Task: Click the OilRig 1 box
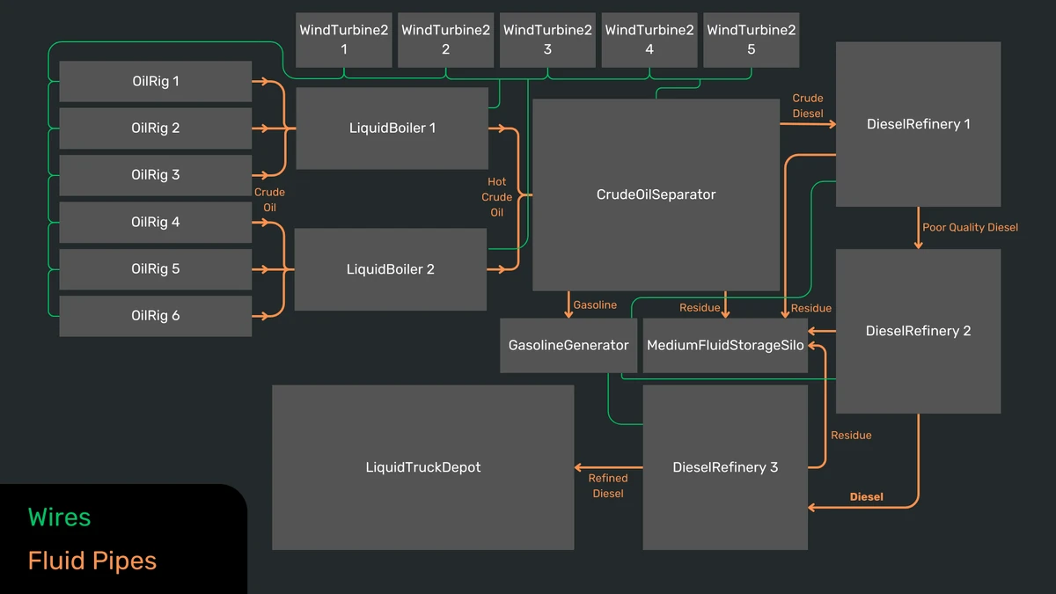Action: [155, 82]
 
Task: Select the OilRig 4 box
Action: [155, 223]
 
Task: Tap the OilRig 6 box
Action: [155, 316]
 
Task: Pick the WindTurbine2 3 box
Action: [547, 40]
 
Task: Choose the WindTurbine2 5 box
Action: [751, 40]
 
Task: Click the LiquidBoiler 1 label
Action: [392, 128]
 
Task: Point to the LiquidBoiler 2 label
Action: [390, 269]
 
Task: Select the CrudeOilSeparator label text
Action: [656, 194]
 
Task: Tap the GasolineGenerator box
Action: [568, 345]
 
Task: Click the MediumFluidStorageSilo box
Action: [725, 345]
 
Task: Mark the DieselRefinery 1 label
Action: [918, 124]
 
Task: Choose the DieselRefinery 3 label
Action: [725, 467]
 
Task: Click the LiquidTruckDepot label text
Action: [422, 467]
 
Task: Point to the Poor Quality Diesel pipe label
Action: [970, 227]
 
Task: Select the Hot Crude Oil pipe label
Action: [497, 197]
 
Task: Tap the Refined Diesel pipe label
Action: [608, 486]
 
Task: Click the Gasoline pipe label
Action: [595, 305]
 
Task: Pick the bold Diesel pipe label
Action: [866, 497]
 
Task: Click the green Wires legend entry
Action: [59, 517]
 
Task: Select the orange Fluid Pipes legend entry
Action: [92, 561]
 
